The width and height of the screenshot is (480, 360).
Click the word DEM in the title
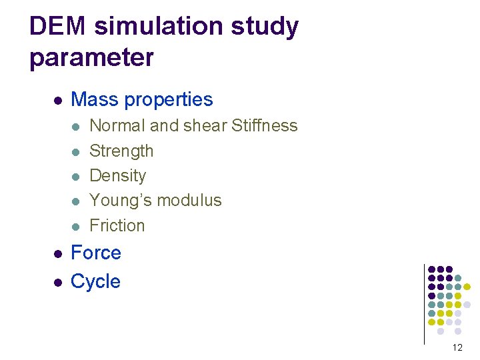(x=57, y=27)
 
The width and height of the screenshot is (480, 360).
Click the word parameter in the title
(x=91, y=58)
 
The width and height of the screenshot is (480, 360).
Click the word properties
(x=169, y=100)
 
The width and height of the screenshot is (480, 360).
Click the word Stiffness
(x=265, y=125)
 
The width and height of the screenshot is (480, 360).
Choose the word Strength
(x=121, y=151)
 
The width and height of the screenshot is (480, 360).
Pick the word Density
(x=117, y=176)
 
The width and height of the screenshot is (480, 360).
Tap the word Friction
(x=117, y=225)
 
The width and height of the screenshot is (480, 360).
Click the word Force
(x=95, y=253)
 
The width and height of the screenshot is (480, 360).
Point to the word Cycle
(x=95, y=281)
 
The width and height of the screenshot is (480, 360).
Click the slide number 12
(x=457, y=347)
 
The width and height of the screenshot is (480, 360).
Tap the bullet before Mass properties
(x=58, y=101)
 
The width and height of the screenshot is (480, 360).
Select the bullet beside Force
(x=58, y=254)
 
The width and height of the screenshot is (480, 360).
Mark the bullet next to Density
(x=76, y=177)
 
